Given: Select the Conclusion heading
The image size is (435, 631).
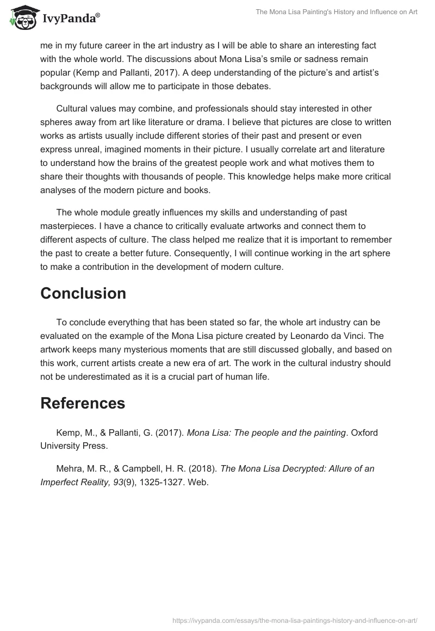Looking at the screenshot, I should [x=83, y=293].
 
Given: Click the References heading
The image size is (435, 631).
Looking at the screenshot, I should [x=83, y=403].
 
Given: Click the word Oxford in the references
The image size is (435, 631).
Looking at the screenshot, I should [x=364, y=433].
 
